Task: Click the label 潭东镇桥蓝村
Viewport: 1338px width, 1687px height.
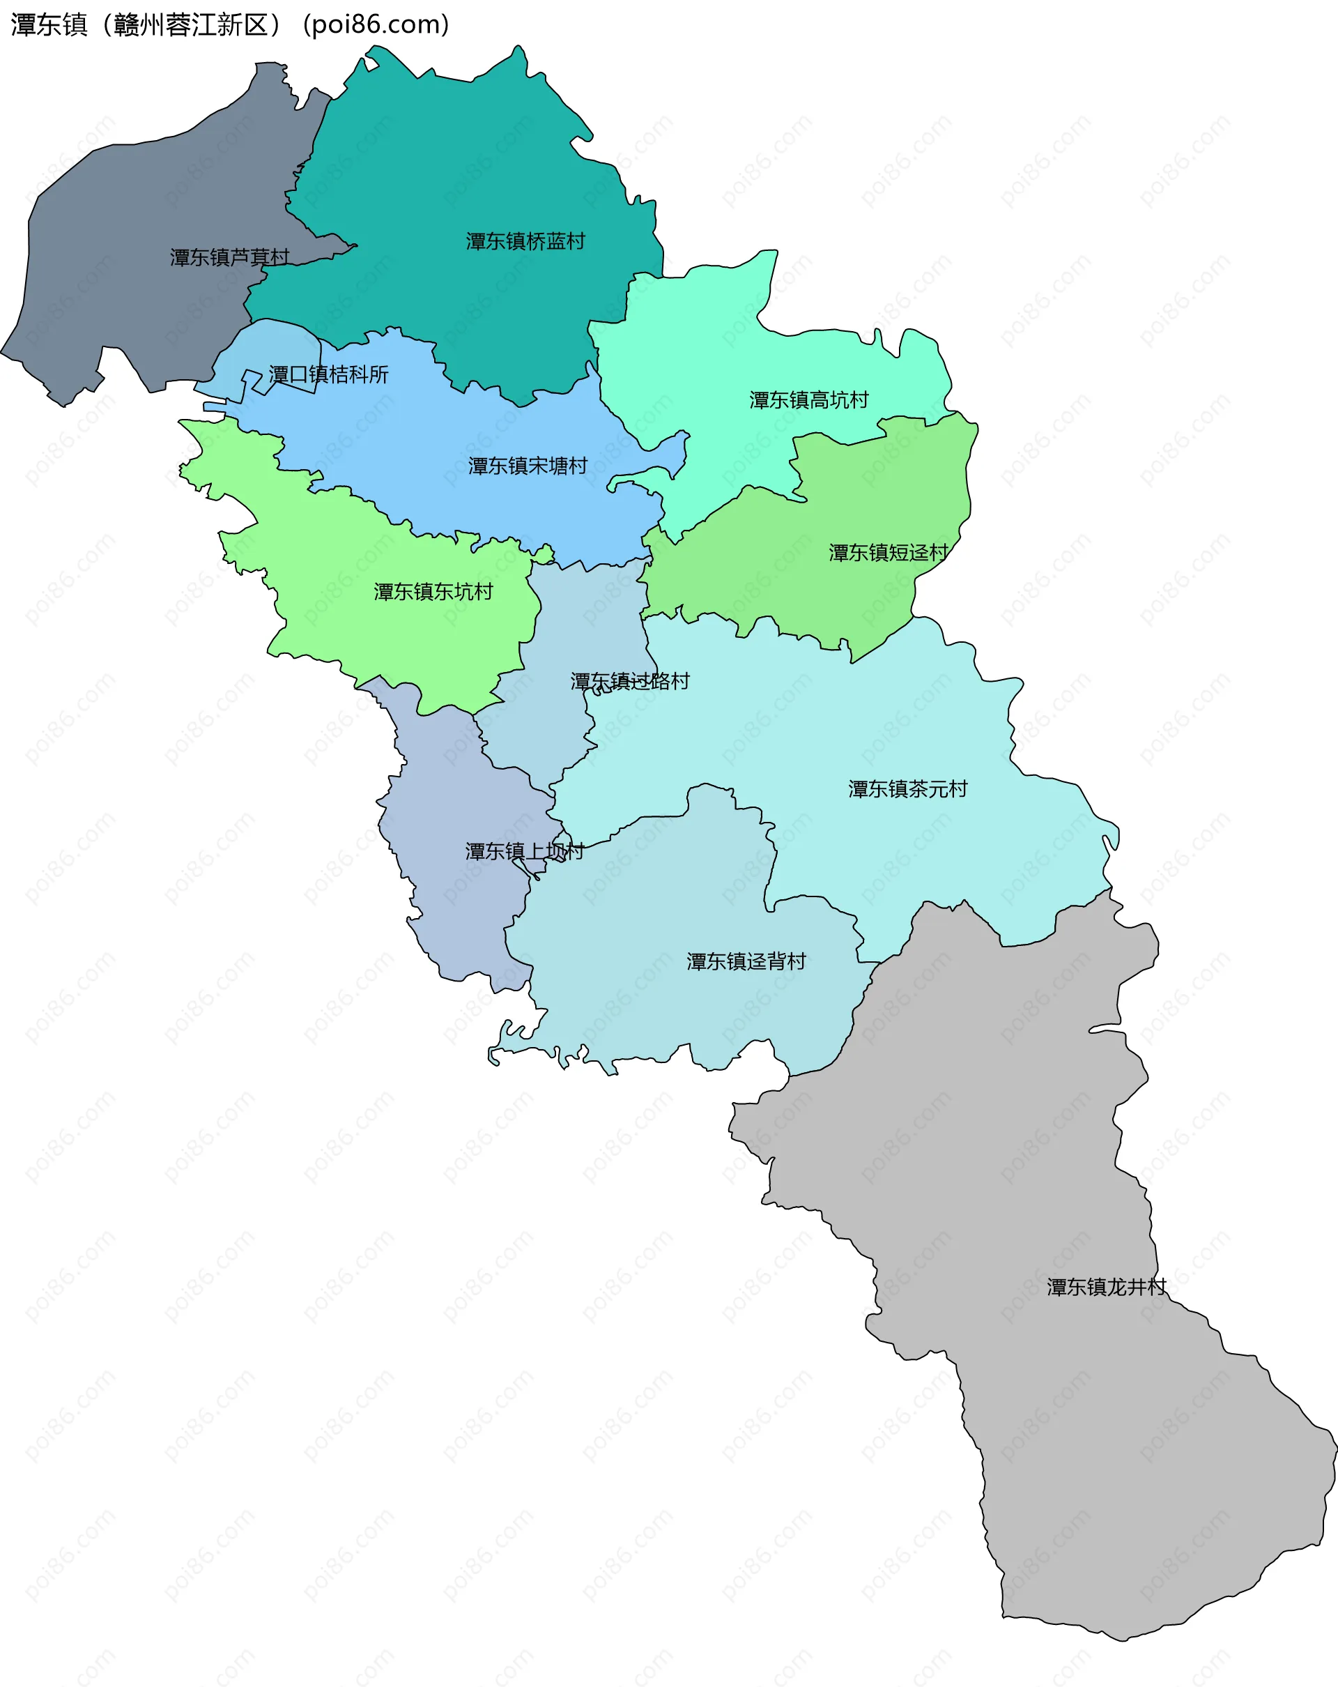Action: point(525,241)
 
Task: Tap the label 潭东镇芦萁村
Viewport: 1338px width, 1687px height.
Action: point(229,257)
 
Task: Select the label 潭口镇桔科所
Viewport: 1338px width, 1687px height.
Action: point(328,375)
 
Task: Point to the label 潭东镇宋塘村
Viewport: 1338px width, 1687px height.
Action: point(528,466)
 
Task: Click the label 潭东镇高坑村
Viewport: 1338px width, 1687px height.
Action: point(808,401)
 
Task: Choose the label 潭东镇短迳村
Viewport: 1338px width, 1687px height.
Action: point(889,554)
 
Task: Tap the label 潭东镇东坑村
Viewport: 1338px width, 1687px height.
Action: point(433,593)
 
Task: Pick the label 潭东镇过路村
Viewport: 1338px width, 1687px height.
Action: point(629,682)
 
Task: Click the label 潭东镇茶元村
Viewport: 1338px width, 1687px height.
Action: point(908,788)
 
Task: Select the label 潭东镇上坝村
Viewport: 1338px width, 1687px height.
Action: point(525,851)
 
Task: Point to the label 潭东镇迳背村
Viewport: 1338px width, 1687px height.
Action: point(746,961)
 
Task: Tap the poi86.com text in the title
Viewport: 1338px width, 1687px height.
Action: point(376,25)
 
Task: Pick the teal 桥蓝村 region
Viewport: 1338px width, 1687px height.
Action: point(469,156)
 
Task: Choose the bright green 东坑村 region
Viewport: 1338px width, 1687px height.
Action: point(376,641)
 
